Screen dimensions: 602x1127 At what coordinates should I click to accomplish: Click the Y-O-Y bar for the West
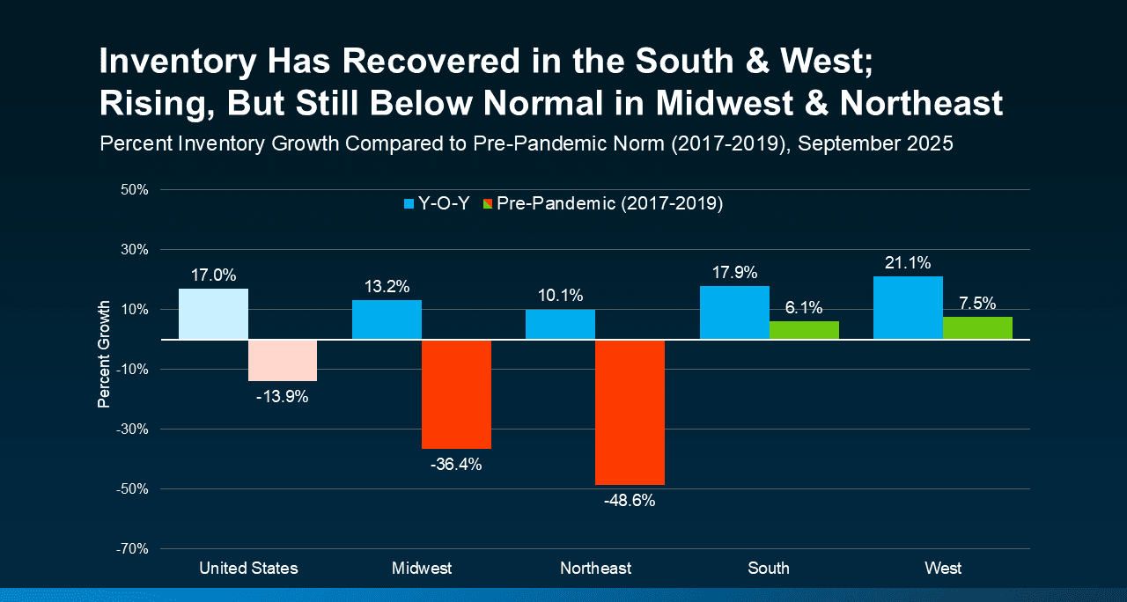click(908, 308)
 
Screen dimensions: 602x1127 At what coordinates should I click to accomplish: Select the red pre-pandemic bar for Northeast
click(630, 412)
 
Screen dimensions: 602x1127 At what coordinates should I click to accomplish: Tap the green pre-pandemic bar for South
click(804, 330)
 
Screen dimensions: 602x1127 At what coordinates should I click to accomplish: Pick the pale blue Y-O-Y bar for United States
click(213, 314)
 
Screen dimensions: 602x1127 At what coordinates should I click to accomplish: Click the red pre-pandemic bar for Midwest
click(456, 394)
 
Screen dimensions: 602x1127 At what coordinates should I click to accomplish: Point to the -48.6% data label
click(630, 502)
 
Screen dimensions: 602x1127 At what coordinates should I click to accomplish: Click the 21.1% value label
click(908, 263)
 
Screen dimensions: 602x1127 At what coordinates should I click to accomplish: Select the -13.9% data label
click(283, 397)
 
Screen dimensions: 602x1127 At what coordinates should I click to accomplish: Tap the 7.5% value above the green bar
click(977, 304)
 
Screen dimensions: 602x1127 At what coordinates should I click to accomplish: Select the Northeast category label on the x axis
click(595, 569)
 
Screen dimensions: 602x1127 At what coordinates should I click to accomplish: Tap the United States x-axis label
click(248, 569)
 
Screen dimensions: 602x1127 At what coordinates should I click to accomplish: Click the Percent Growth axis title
click(104, 355)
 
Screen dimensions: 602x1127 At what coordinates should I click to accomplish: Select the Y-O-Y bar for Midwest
click(387, 320)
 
